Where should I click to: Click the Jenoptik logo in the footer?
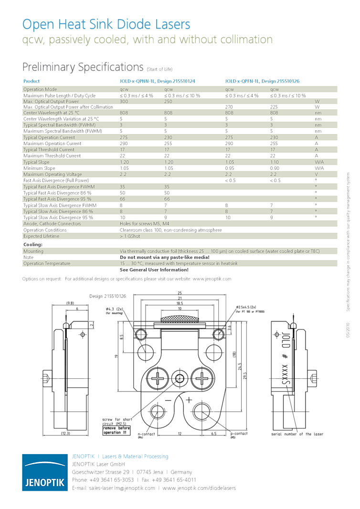click(44, 472)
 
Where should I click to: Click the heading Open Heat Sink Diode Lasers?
click(106, 24)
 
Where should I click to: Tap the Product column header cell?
click(32, 82)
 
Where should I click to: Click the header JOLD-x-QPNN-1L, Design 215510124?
click(157, 82)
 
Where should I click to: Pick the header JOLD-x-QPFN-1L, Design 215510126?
click(262, 82)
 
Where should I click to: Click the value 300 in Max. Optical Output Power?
click(124, 102)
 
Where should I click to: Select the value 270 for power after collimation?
click(230, 107)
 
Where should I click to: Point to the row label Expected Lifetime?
click(42, 236)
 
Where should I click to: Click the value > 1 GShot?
click(130, 236)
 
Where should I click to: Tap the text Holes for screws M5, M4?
click(144, 224)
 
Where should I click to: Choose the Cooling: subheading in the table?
click(33, 245)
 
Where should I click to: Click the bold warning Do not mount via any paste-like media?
click(164, 257)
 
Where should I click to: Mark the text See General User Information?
click(154, 270)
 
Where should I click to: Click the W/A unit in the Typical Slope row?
click(319, 162)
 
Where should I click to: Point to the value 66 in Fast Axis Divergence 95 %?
click(123, 199)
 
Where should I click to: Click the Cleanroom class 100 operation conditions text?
click(170, 230)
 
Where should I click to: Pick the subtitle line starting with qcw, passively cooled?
click(148, 40)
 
